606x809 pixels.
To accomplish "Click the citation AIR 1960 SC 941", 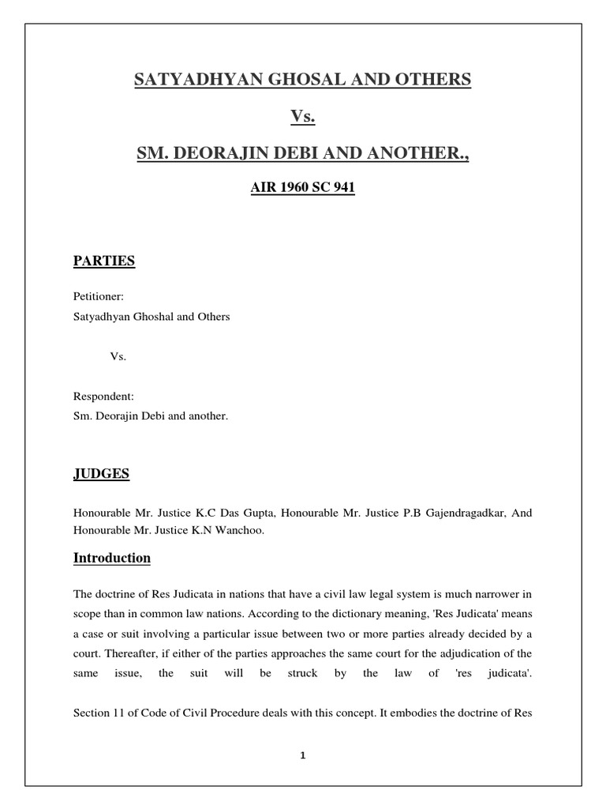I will coord(302,190).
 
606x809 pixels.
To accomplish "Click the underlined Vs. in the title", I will coord(302,116).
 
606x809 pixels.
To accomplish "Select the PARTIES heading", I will coord(104,262).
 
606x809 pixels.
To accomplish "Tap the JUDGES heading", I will coord(101,474).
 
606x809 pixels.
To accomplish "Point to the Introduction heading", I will coord(112,558).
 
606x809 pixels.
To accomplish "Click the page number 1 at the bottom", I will coord(302,755).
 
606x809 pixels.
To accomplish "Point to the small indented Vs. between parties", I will coord(118,356).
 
